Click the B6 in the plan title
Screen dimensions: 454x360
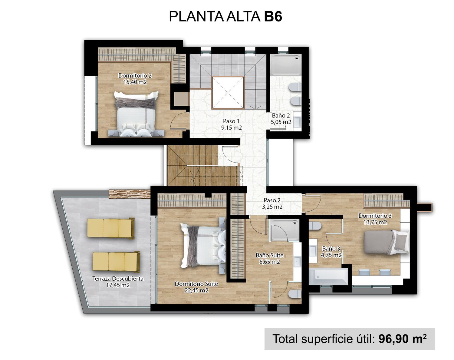tap(273, 16)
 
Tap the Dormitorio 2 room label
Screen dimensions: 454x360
tap(135, 75)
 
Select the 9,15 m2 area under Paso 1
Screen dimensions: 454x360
tap(232, 128)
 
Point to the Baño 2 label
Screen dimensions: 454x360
tap(281, 115)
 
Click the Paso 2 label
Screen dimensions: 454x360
tap(272, 200)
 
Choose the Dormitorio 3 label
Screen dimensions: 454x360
tap(375, 216)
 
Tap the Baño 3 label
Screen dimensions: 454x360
tap(331, 249)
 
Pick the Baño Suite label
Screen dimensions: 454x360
tap(269, 255)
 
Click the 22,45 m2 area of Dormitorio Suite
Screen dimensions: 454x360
tap(196, 290)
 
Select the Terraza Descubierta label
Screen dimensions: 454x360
tap(118, 279)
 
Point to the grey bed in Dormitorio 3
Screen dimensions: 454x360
tap(387, 242)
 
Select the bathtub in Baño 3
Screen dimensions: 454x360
tap(328, 276)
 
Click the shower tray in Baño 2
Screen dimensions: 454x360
tap(286, 65)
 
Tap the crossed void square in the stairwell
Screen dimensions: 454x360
tap(228, 93)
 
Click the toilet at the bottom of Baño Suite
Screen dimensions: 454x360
tap(294, 294)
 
